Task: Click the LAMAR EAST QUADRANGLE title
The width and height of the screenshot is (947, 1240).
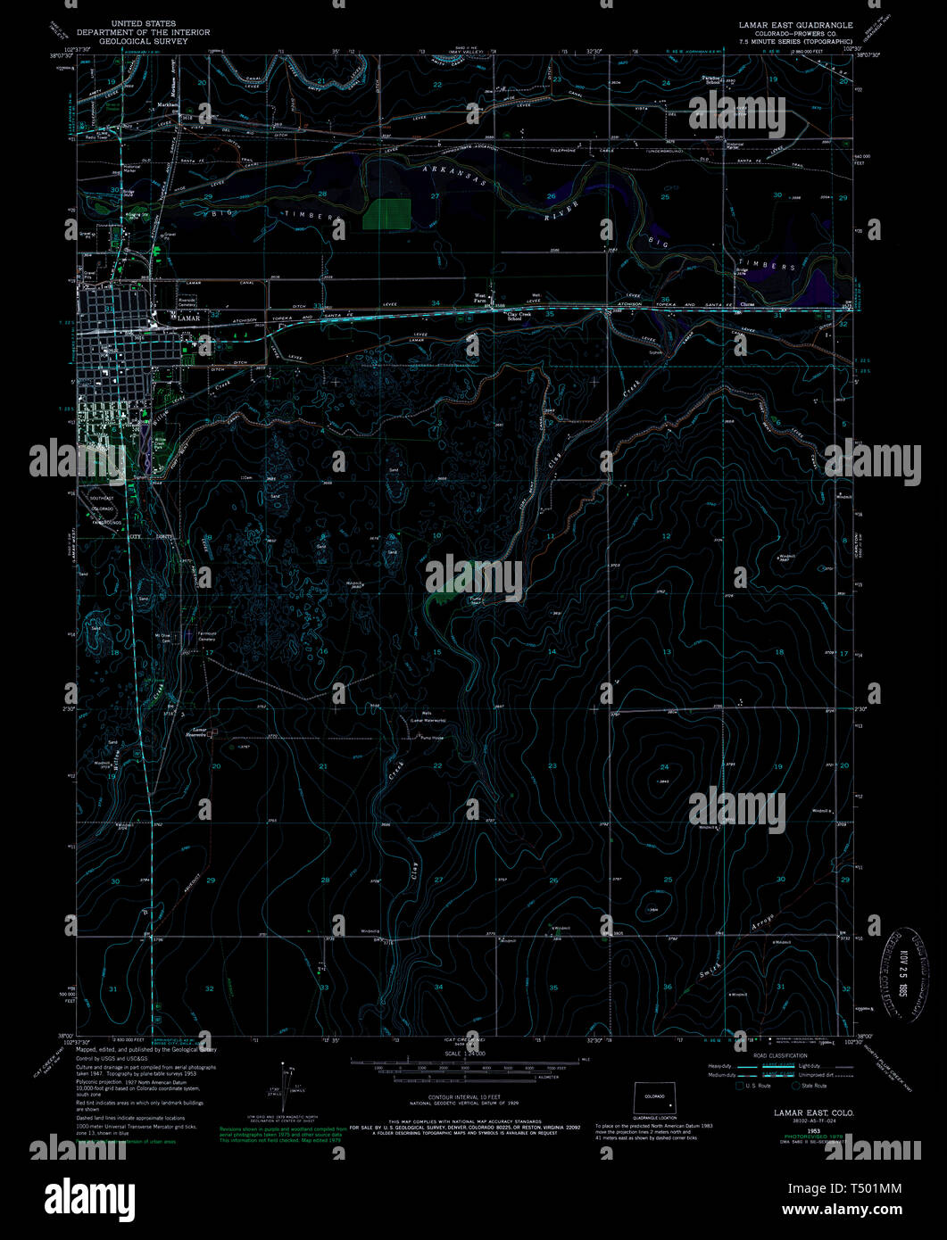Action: click(x=794, y=25)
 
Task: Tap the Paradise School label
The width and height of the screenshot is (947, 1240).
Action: click(x=710, y=79)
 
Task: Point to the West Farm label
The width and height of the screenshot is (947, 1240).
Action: click(x=479, y=299)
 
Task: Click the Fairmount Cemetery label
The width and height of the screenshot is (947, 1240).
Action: click(x=206, y=638)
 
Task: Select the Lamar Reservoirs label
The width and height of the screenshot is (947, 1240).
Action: click(x=196, y=733)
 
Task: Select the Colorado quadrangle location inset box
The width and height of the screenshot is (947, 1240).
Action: click(x=655, y=1098)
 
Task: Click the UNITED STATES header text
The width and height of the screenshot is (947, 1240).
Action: click(x=144, y=23)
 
